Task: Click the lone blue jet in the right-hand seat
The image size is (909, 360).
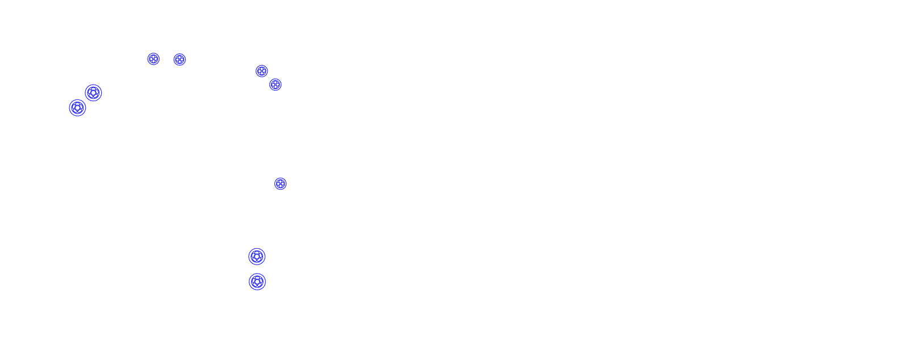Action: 280,183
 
